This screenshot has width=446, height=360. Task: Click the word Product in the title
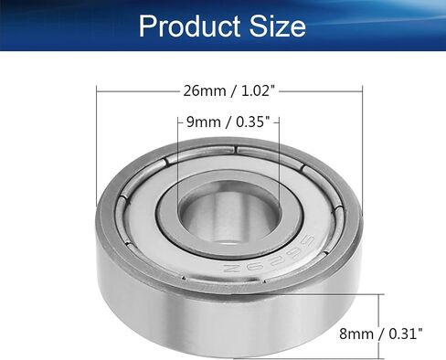coord(189,26)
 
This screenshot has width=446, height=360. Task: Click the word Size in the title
coord(278,26)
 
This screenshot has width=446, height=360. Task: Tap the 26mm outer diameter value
coord(205,90)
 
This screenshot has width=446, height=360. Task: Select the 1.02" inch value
coord(256,90)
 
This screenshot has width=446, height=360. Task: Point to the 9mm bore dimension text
coord(204,122)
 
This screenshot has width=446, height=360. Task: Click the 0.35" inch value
coord(252,122)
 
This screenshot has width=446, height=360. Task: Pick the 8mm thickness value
coord(356,334)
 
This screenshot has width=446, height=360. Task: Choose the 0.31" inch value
coord(406,334)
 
